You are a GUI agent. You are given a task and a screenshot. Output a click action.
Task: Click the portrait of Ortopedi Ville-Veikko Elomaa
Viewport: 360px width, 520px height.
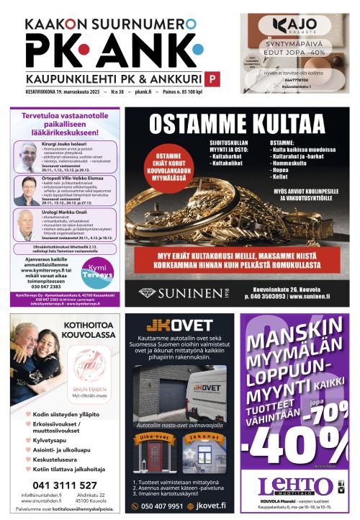pyautogui.click(x=26, y=191)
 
